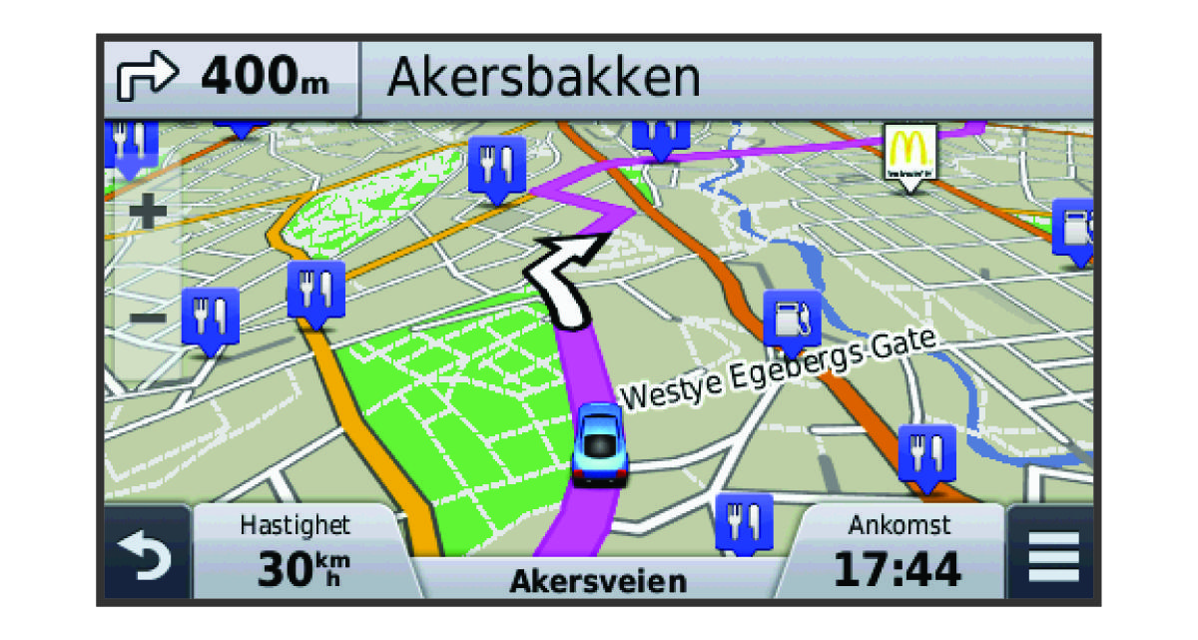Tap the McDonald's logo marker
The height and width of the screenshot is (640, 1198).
[909, 151]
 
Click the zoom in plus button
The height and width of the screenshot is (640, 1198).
[148, 212]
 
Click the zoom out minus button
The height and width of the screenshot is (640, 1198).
[148, 319]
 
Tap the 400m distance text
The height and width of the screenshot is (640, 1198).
[265, 78]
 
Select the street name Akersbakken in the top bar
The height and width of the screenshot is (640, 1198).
[543, 78]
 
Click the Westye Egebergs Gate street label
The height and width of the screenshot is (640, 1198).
[780, 368]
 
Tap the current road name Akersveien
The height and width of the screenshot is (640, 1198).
[598, 581]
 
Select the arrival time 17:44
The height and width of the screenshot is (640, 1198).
[898, 569]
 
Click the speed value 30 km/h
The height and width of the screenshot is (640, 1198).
[299, 569]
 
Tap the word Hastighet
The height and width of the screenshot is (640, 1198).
[296, 525]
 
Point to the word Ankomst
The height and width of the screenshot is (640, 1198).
[898, 524]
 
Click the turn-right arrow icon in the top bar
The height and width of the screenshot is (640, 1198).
[147, 78]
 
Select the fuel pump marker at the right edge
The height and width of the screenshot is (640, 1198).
[1074, 229]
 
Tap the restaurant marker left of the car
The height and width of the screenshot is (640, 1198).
[315, 291]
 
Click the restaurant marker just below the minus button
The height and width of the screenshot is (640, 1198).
[211, 319]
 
